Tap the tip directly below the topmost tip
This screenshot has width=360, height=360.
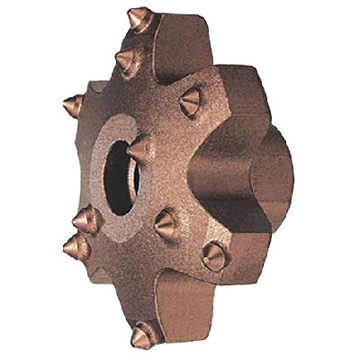click(129, 61)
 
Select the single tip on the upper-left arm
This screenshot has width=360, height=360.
click(74, 106)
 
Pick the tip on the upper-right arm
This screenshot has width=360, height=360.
click(191, 103)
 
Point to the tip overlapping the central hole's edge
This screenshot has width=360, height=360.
click(140, 149)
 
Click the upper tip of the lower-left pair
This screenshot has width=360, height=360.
click(86, 219)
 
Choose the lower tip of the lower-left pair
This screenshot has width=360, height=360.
click(76, 247)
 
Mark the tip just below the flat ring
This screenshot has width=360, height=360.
click(166, 224)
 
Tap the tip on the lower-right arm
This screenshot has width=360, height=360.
click(214, 256)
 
